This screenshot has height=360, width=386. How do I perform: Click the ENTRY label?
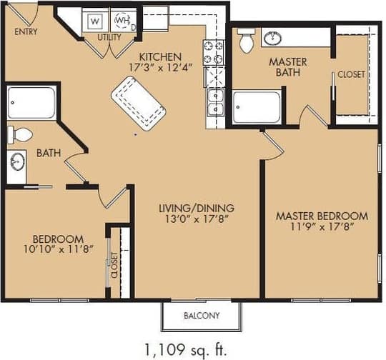point(26,31)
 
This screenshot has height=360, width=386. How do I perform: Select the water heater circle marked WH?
point(122,21)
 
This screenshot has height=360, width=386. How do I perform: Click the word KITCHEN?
point(160,56)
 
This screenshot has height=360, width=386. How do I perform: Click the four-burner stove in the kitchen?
point(214,53)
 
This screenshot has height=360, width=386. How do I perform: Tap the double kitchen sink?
point(214,102)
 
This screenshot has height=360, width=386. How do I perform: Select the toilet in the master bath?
point(247,41)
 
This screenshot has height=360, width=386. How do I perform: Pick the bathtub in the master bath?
point(256,107)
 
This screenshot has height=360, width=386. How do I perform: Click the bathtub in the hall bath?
point(32,104)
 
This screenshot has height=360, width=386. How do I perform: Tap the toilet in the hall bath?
point(21,134)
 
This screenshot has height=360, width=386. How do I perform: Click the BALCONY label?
point(202,315)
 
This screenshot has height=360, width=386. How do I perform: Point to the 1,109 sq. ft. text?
point(185,349)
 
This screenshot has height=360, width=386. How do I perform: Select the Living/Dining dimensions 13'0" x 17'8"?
point(197,220)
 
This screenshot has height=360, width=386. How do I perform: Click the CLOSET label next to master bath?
point(351,74)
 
